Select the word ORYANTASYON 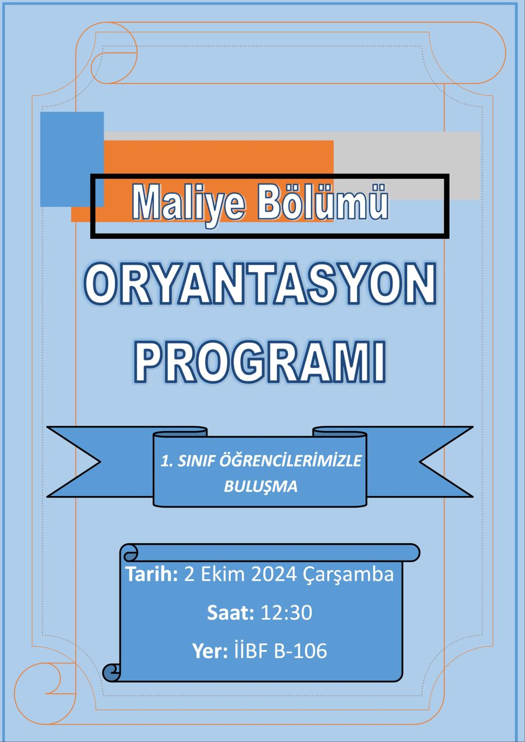click(260, 284)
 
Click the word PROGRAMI click(260, 363)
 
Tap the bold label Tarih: click(151, 574)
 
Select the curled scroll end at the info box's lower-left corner click(111, 672)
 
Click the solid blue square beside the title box click(72, 159)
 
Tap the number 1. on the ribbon click(167, 461)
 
